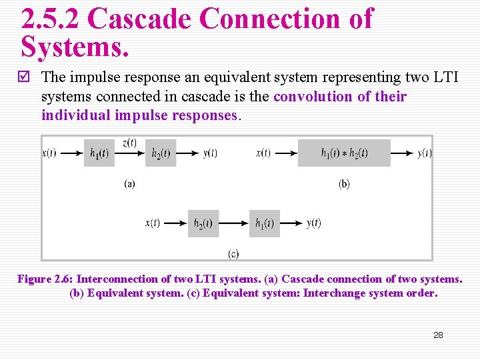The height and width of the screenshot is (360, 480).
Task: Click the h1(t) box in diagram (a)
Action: (x=99, y=153)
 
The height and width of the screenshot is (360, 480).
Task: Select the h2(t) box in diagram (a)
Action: (x=161, y=153)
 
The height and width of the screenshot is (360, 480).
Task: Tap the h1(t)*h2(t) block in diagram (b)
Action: (x=344, y=153)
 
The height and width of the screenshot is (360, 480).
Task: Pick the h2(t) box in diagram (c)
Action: (x=203, y=223)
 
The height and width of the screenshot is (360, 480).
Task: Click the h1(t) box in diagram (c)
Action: (x=265, y=223)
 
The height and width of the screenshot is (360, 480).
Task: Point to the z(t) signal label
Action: (x=129, y=142)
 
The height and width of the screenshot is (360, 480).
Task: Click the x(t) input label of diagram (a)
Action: (x=49, y=153)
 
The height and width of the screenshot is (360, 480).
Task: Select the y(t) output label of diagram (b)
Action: (x=425, y=153)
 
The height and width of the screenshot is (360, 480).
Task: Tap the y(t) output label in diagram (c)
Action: (x=313, y=223)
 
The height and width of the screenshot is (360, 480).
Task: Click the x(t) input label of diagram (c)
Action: (x=153, y=223)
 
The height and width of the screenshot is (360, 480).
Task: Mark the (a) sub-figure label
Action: (x=129, y=184)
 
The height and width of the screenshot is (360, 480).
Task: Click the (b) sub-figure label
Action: (x=344, y=184)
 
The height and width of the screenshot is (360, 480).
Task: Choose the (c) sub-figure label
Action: (x=233, y=253)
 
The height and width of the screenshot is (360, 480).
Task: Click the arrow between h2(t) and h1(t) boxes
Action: (x=234, y=223)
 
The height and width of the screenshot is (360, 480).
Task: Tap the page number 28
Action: (x=438, y=335)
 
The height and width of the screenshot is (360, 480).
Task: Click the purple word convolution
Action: (x=313, y=97)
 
